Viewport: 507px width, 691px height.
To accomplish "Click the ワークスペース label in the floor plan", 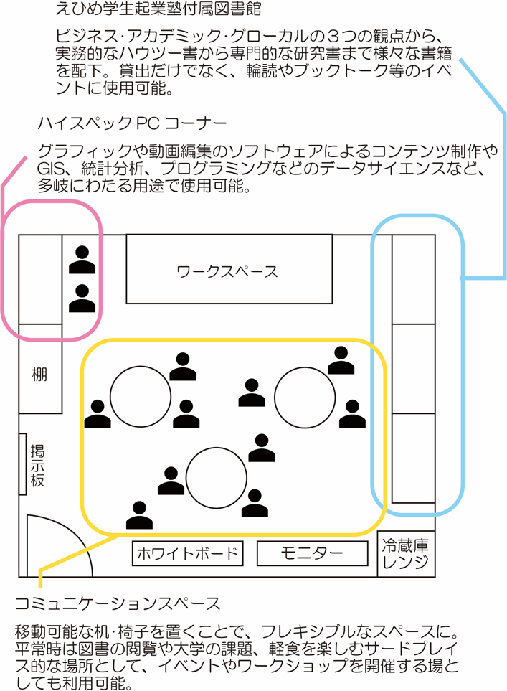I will click(227, 271).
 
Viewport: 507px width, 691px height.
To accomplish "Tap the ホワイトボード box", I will click(187, 553).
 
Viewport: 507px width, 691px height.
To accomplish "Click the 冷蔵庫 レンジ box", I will click(406, 554).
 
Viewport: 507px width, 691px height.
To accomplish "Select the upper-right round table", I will click(305, 395).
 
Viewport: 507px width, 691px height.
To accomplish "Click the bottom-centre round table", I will click(217, 477).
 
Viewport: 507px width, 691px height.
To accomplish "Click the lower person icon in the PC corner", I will click(82, 298).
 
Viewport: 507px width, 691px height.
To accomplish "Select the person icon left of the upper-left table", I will click(98, 413).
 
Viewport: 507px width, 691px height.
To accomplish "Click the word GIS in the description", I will click(52, 169).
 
